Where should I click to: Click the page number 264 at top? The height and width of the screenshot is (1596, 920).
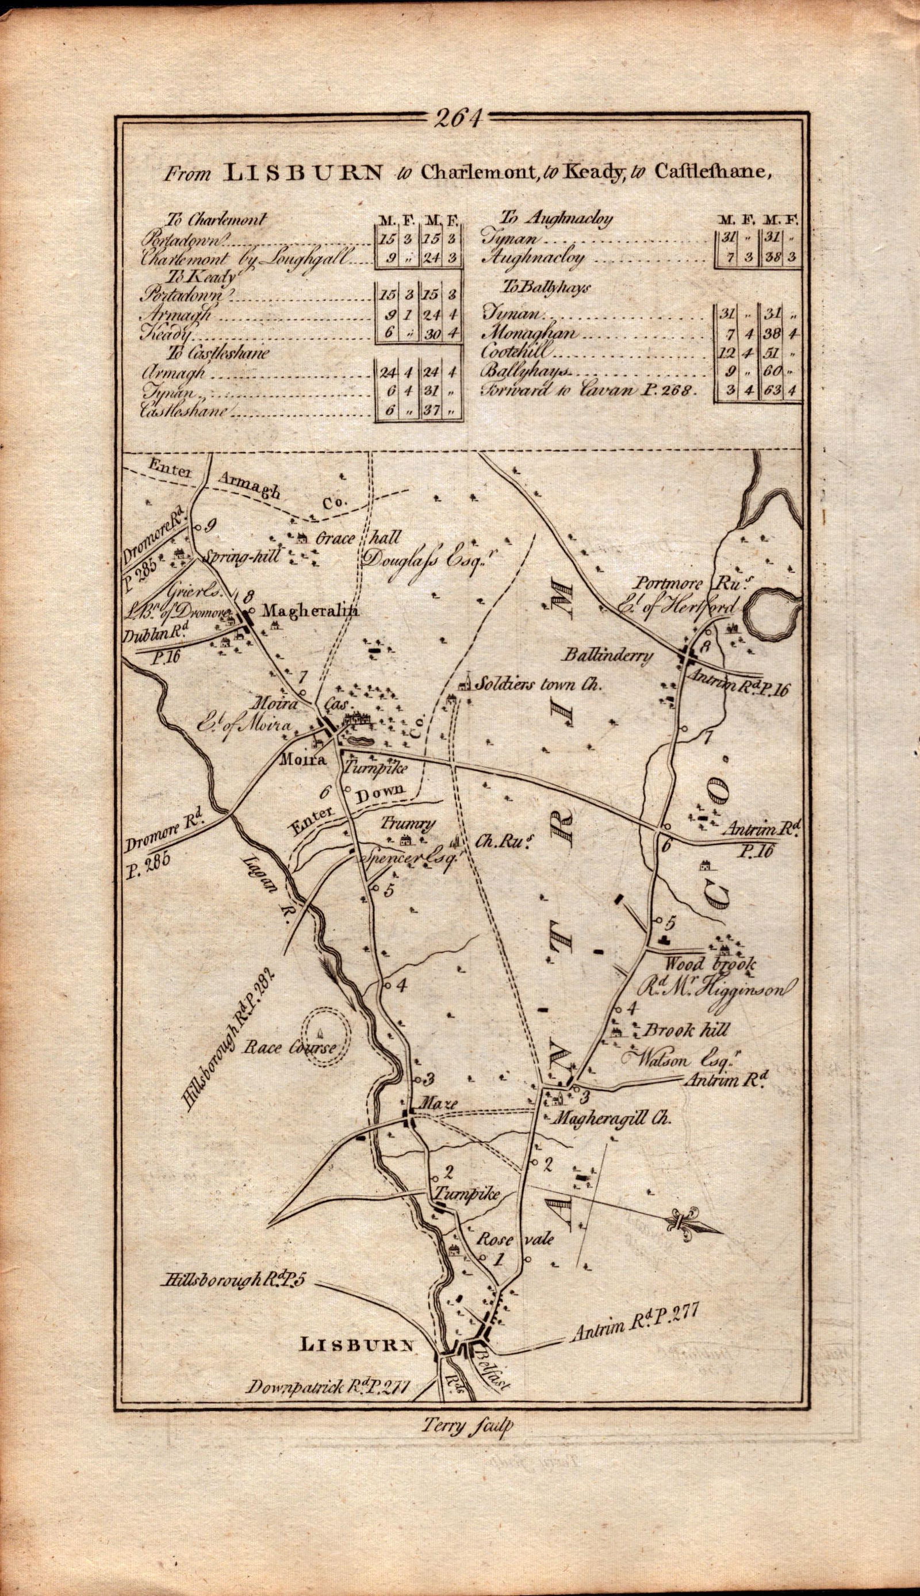pos(459,118)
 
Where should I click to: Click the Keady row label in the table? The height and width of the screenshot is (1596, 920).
pos(168,333)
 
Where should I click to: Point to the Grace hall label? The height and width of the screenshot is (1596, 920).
pos(358,538)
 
